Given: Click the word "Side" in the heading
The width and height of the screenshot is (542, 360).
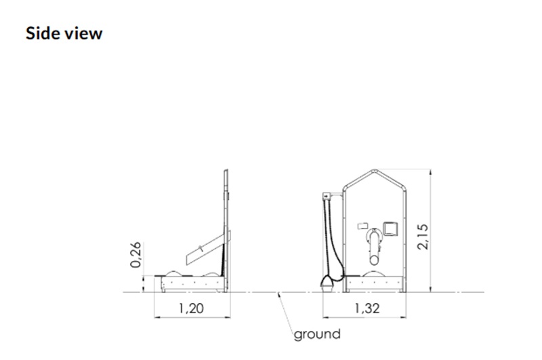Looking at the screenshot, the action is (x=41, y=33).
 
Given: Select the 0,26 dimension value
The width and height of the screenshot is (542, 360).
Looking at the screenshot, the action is (x=135, y=255).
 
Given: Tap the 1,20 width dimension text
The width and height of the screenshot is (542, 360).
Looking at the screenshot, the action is (x=191, y=308).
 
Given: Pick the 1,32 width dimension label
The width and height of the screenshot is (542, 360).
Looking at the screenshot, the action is (x=367, y=308).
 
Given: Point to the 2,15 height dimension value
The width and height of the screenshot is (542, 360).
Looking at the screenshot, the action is (x=423, y=237).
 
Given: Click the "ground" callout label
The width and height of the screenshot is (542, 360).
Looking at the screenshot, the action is (x=317, y=334).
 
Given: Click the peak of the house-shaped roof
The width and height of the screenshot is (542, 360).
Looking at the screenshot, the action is (x=375, y=170).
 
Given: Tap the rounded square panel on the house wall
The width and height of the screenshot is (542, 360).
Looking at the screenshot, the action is (x=390, y=229).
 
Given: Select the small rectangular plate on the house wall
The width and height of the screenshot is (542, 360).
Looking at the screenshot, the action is (x=362, y=226).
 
